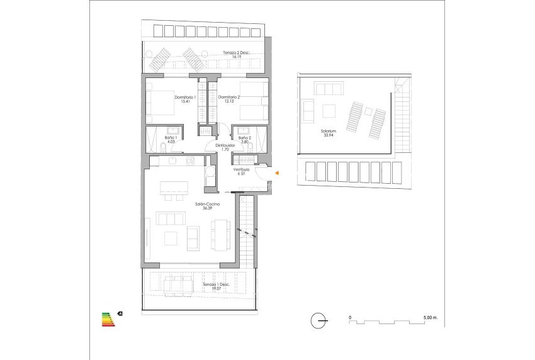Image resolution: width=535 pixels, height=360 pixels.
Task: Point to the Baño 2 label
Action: click(x=245, y=137)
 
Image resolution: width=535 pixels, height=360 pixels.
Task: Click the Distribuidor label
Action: click(x=225, y=145)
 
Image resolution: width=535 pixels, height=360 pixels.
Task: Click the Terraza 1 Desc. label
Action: click(x=216, y=285)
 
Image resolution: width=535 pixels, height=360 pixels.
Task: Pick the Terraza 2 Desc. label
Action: click(x=237, y=53)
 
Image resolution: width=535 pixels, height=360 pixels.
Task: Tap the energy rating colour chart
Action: click(x=109, y=318)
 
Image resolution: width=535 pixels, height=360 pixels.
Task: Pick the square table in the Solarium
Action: click(x=329, y=111)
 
